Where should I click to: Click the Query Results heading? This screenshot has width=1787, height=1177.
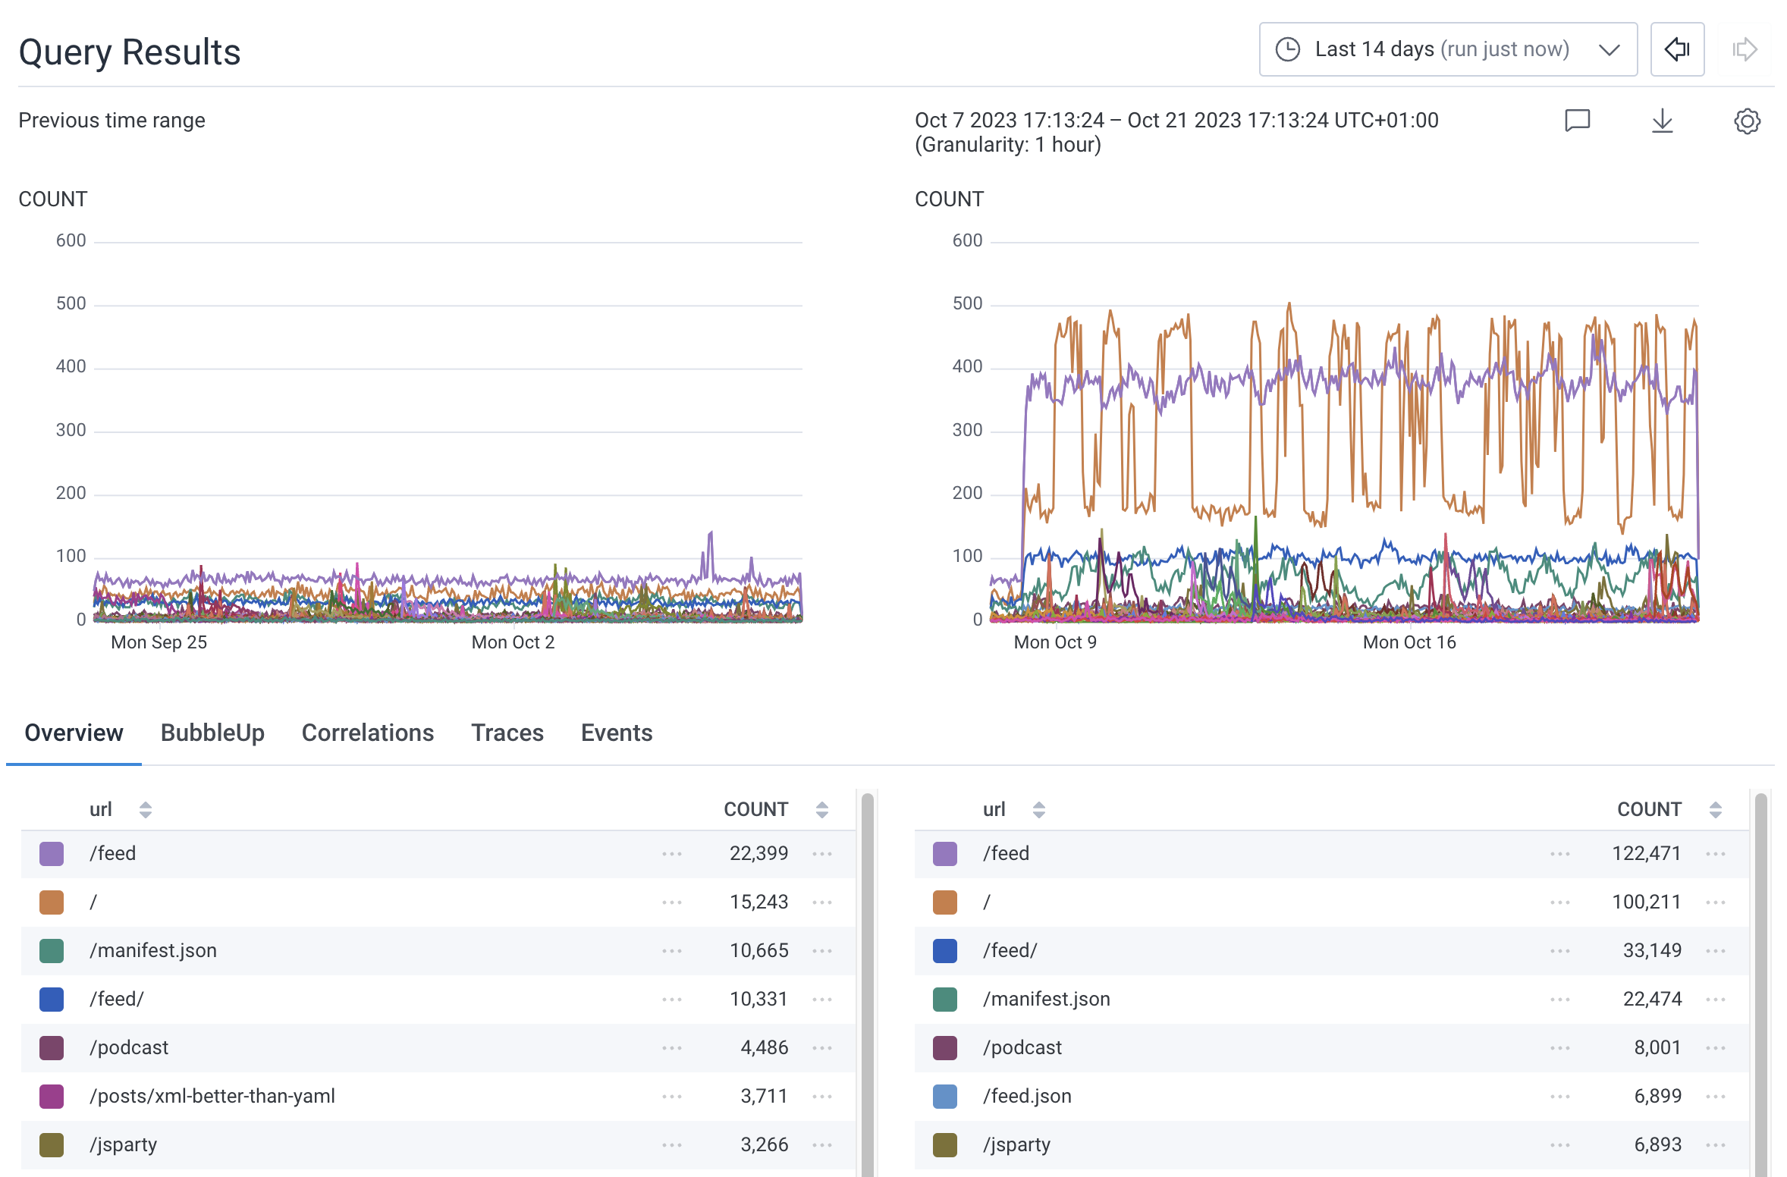pyautogui.click(x=129, y=52)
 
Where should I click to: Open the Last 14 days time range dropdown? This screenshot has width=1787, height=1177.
pyautogui.click(x=1447, y=49)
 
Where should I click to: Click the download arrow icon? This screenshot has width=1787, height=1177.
pyautogui.click(x=1662, y=121)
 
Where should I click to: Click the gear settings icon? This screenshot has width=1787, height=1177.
pyautogui.click(x=1747, y=121)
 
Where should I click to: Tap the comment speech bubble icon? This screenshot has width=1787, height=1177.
pyautogui.click(x=1577, y=121)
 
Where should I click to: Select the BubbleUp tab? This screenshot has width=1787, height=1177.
pyautogui.click(x=212, y=733)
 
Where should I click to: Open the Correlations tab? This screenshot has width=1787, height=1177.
pyautogui.click(x=367, y=733)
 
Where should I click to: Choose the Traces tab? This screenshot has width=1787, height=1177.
pyautogui.click(x=507, y=733)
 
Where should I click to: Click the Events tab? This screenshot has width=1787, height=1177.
pyautogui.click(x=616, y=733)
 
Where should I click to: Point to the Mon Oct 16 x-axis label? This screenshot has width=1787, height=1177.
pyautogui.click(x=1409, y=642)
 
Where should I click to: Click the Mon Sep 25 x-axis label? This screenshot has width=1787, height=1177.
pyautogui.click(x=159, y=642)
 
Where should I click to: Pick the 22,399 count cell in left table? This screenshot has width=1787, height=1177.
pyautogui.click(x=758, y=853)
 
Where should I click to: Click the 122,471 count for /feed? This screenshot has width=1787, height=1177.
pyautogui.click(x=1645, y=853)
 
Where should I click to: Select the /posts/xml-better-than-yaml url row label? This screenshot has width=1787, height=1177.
pyautogui.click(x=212, y=1096)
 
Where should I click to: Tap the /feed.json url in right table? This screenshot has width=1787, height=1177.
pyautogui.click(x=1026, y=1096)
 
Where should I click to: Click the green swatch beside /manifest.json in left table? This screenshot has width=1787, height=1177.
pyautogui.click(x=52, y=950)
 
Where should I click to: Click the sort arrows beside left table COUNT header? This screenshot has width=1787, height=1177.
pyautogui.click(x=821, y=809)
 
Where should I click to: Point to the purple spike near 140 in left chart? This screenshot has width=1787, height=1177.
pyautogui.click(x=711, y=534)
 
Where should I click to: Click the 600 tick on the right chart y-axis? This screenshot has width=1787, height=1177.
pyautogui.click(x=966, y=240)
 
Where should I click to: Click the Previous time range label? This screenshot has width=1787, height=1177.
pyautogui.click(x=111, y=121)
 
